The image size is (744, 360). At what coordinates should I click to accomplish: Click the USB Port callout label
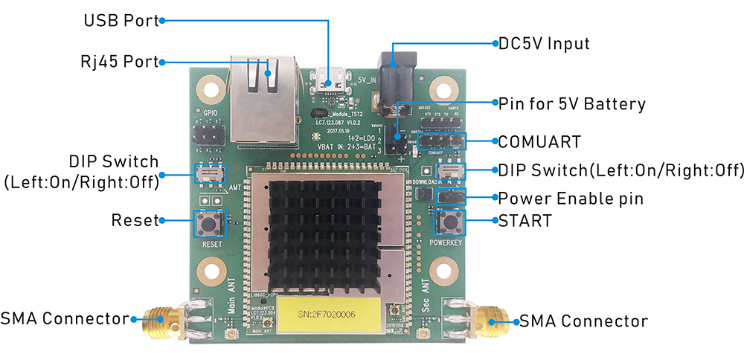click(121, 21)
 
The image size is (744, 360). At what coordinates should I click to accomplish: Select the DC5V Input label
click(544, 43)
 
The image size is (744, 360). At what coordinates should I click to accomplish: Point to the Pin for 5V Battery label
click(571, 103)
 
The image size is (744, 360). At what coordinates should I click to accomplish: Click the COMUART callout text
click(539, 140)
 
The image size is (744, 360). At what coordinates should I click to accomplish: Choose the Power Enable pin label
click(571, 199)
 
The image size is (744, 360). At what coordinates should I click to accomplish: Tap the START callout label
click(525, 220)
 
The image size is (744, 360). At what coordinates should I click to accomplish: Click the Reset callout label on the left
click(135, 220)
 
